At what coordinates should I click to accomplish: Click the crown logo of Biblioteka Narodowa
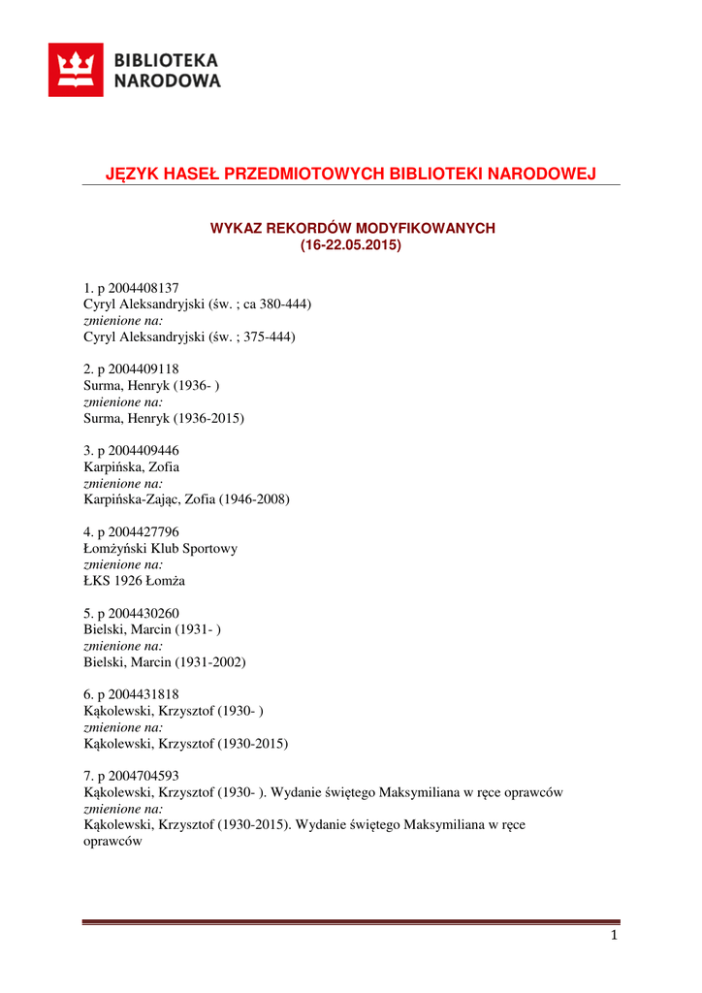coord(77,70)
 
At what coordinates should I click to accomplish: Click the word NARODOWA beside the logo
coord(168,81)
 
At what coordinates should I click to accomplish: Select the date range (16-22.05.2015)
coord(351,245)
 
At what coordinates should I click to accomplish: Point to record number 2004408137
coord(138,288)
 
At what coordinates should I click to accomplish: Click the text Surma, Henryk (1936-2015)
coord(165,418)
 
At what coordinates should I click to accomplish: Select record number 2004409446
coord(138,451)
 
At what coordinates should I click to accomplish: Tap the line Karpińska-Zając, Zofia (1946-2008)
coord(187,499)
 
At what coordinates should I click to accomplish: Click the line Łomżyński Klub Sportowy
coord(161,549)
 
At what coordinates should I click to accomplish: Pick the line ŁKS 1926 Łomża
coord(135,581)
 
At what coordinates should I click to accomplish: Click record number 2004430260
coord(138,614)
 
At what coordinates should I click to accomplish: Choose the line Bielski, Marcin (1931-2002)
coord(165,662)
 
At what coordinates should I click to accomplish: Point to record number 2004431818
coord(138,695)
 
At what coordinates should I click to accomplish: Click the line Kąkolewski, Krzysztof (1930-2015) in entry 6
coord(186,744)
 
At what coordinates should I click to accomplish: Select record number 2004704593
coord(138,777)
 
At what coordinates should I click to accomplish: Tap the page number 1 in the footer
coord(614,936)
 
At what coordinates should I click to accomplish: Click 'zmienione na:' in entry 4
coord(123,564)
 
